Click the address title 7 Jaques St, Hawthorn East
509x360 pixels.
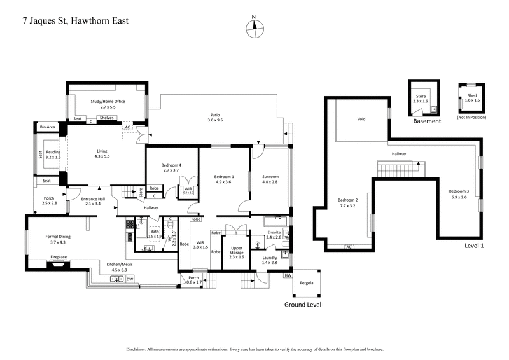[67, 20]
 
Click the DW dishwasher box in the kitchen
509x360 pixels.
[130, 279]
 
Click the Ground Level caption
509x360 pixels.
[302, 305]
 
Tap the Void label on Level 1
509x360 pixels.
[361, 118]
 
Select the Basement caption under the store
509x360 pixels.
[427, 121]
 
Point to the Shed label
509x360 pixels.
[471, 97]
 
